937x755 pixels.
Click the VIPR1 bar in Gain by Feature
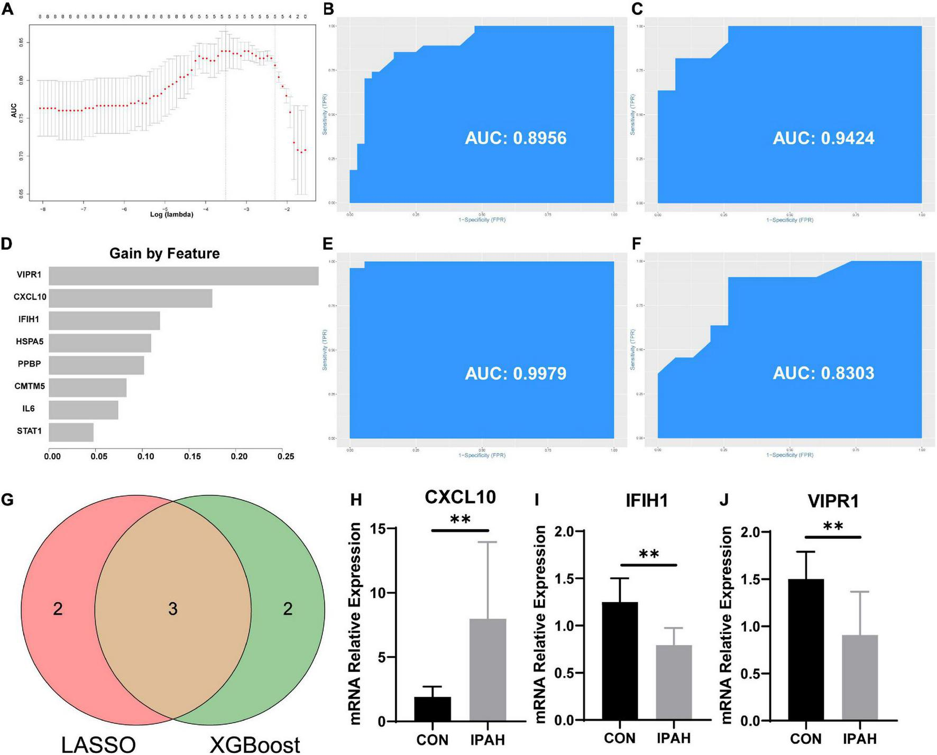coord(183,276)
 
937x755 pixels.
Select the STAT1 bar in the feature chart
coord(71,432)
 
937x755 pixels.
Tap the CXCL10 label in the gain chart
coord(30,297)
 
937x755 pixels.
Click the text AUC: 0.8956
coord(516,138)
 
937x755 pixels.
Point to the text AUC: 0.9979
coord(516,373)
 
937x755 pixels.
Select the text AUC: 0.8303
coord(823,373)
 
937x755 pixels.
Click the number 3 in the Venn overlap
coord(173,609)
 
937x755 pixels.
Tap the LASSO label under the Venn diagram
coord(98,744)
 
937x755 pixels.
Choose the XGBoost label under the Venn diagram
coord(255,744)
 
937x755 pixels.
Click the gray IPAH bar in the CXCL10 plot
coord(488,670)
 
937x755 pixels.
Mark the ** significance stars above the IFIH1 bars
coord(649,555)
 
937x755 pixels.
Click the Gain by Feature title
coord(164,254)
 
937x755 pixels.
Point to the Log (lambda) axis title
coord(172,215)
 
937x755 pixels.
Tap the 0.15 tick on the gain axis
coord(192,456)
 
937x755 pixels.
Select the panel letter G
coord(7,500)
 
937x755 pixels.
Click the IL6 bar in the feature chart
coord(84,410)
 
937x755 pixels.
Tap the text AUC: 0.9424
coord(823,138)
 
